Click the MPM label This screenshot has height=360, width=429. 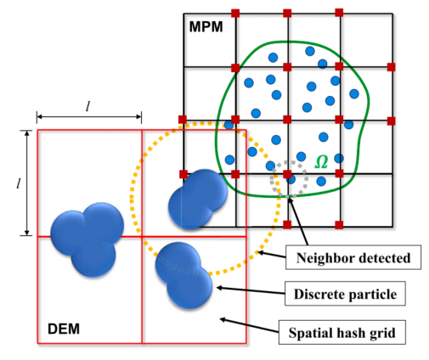pos(206,27)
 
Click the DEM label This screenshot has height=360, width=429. pos(64,329)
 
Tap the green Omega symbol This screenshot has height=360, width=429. pos(321,162)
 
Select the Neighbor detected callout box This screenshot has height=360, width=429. pos(353,257)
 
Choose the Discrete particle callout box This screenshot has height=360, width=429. pos(345,294)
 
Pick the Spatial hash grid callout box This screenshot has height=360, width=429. pos(342,332)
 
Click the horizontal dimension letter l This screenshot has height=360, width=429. pos(88,107)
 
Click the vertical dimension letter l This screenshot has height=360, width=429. pos(19,183)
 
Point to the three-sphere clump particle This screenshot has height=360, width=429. pos(87,239)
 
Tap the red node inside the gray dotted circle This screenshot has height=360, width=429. pos(287,174)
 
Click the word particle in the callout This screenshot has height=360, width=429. pos(372,295)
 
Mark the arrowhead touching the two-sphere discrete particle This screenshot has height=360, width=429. pos(219,288)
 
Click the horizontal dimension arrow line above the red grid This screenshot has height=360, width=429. pos(89,116)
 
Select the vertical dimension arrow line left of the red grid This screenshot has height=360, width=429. pos(27,183)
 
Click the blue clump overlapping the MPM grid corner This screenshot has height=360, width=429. pos(198,200)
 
